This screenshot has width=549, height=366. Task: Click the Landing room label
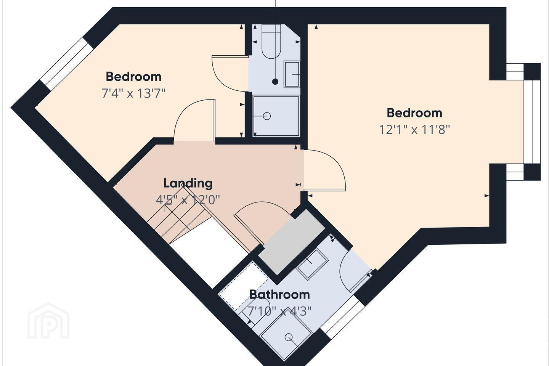[188, 183]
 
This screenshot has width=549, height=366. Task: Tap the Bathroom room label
[280, 294]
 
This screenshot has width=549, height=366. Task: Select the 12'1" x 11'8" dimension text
[415, 130]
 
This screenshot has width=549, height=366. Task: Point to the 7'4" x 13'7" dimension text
[133, 93]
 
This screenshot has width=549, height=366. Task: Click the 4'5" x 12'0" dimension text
[188, 200]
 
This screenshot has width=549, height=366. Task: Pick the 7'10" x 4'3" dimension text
[279, 311]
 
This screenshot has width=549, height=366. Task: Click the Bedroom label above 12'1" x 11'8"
[414, 113]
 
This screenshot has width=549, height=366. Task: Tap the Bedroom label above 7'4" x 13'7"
[133, 77]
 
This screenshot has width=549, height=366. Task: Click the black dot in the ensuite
[276, 82]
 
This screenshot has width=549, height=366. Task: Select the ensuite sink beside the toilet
[292, 74]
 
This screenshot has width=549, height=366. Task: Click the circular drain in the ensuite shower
[266, 116]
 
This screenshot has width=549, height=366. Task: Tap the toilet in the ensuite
[271, 41]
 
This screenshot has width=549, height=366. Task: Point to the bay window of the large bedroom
[531, 122]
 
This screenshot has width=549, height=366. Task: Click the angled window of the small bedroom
[66, 64]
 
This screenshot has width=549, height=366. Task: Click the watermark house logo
[48, 321]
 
